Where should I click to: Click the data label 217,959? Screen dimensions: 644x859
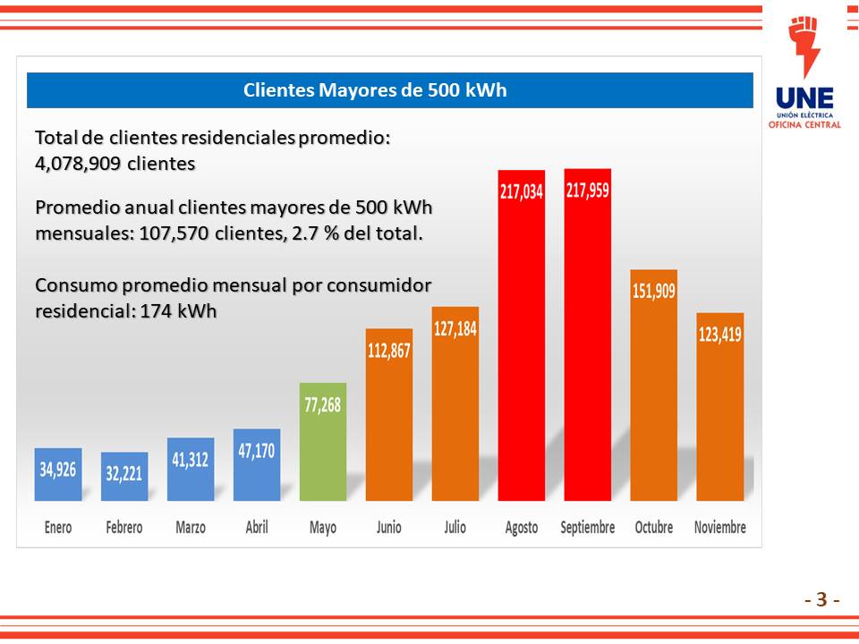[588, 190]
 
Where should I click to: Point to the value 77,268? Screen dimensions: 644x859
[323, 404]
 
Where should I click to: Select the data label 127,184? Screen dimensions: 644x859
[455, 328]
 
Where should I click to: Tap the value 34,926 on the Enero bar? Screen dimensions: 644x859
[58, 469]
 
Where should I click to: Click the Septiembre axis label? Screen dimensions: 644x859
[588, 528]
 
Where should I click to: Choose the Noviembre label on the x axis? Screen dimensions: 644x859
[720, 528]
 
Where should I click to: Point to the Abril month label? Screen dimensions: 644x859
[257, 528]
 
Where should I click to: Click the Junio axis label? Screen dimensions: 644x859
[389, 528]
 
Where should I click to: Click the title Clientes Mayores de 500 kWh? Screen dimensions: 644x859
[376, 90]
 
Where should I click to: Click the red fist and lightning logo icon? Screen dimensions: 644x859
[804, 45]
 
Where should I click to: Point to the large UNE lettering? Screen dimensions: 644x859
[804, 98]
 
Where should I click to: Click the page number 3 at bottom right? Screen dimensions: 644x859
[821, 599]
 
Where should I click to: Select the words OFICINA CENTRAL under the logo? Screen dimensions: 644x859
[804, 124]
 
